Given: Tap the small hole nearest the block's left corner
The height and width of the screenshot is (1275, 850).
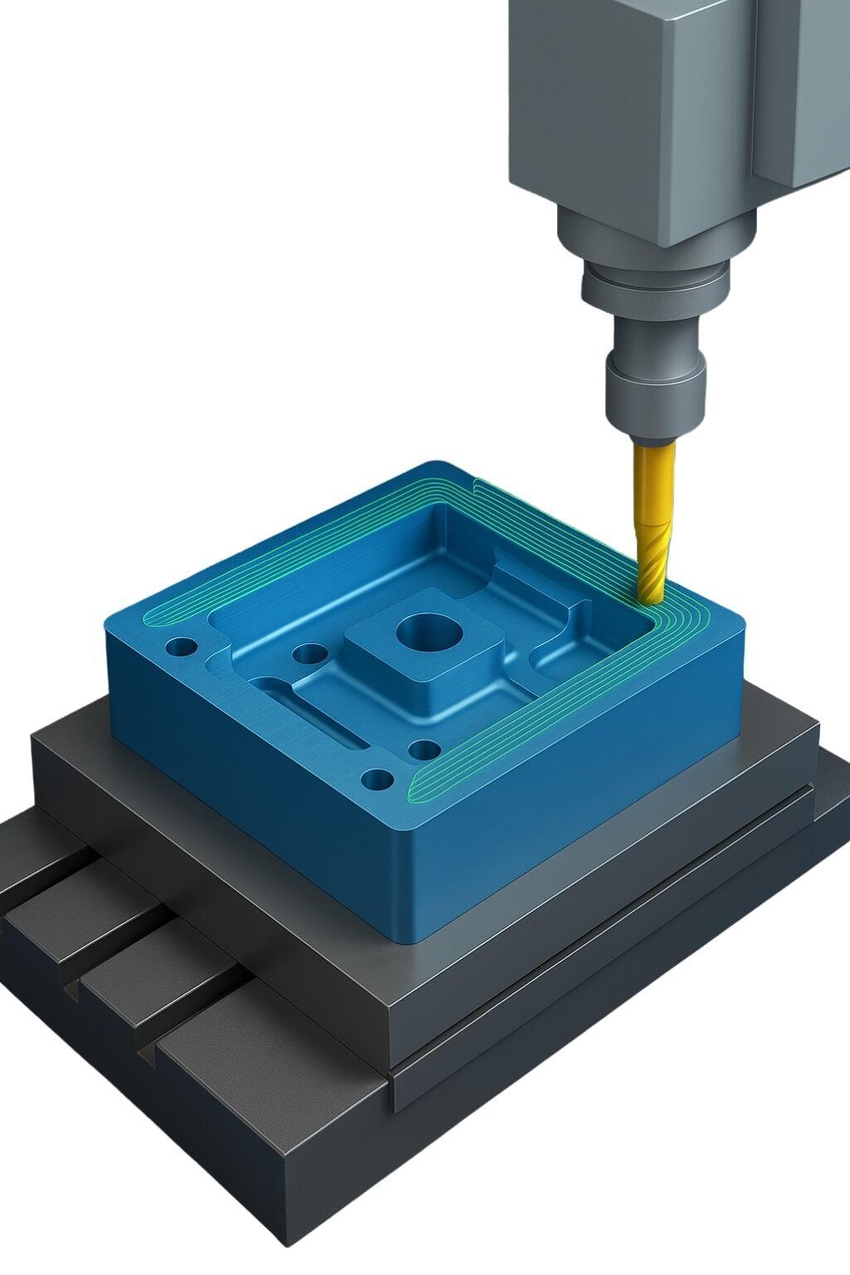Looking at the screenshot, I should coord(181,646).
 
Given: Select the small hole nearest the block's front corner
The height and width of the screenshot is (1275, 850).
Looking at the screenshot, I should coord(378,779).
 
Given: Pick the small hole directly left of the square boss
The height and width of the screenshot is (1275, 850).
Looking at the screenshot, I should coord(310,655).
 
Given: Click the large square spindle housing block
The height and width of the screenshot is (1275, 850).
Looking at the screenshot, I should coord(631,108).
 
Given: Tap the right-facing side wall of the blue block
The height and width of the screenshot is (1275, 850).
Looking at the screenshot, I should coord(581,797).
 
